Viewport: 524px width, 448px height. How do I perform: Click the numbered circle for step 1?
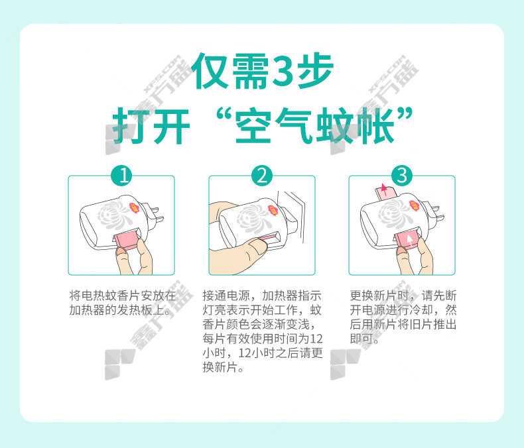click(x=121, y=176)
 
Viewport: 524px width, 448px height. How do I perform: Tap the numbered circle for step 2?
click(x=262, y=176)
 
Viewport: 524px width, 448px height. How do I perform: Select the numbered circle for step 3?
click(x=402, y=176)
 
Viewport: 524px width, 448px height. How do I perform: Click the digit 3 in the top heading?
click(x=283, y=71)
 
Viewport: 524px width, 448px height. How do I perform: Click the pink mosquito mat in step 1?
click(x=125, y=241)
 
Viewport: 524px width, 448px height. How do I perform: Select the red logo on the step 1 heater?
click(x=135, y=209)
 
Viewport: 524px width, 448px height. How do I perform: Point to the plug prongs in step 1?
click(x=157, y=215)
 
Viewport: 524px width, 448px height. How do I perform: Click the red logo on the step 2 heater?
click(x=273, y=210)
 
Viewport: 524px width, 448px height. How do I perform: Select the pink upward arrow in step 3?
click(x=384, y=190)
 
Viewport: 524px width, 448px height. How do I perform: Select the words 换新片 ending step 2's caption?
click(x=220, y=367)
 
